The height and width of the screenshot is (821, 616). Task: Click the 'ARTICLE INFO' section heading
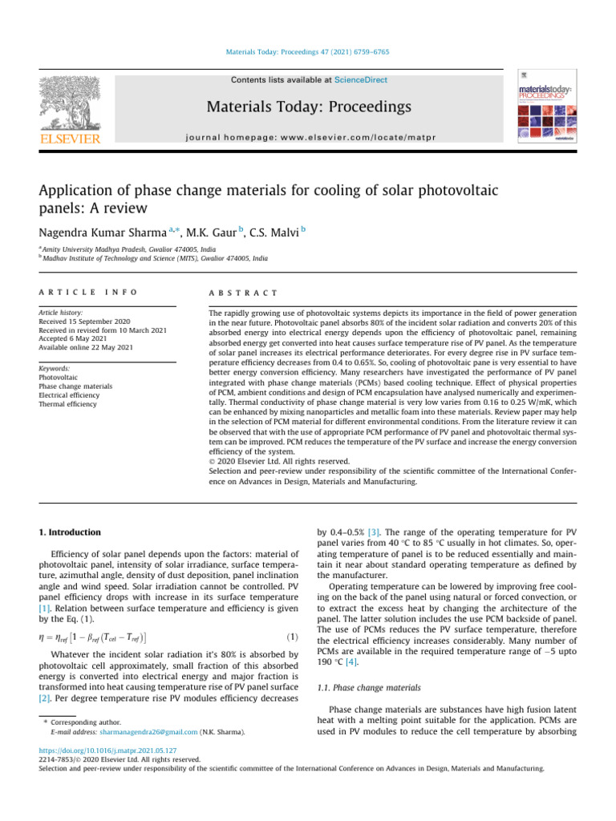[x=88, y=294]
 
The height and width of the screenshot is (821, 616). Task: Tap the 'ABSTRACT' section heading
[x=242, y=294]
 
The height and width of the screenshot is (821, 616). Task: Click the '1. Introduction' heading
[x=71, y=532]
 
